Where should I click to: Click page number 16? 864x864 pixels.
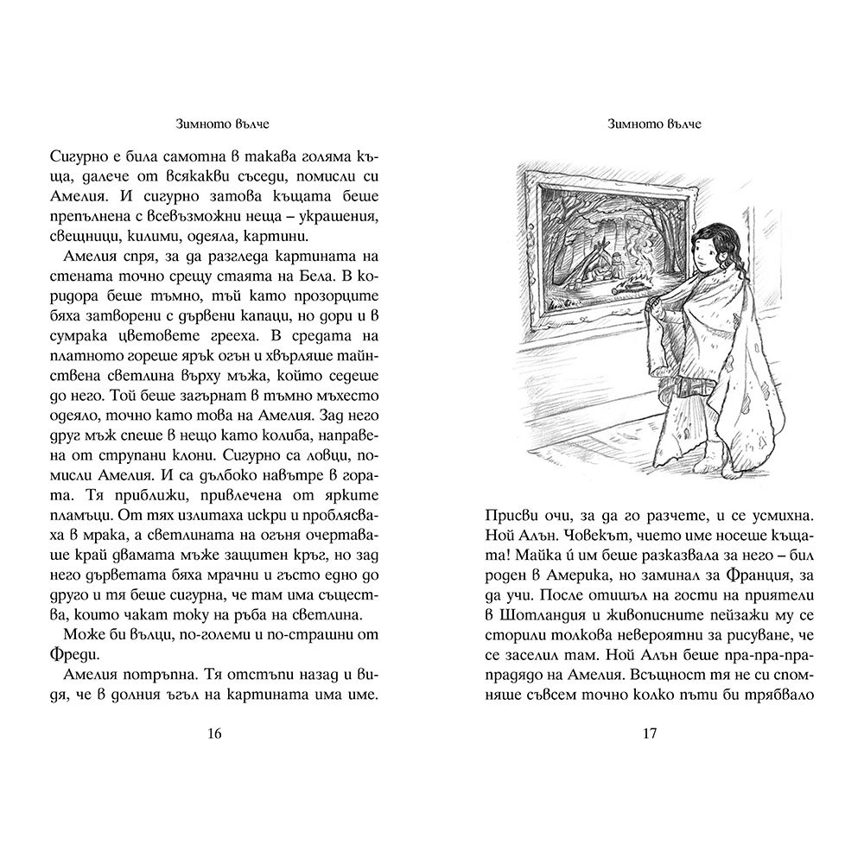(x=215, y=734)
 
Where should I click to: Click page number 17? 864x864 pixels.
(x=650, y=734)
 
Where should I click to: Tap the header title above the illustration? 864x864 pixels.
(x=650, y=124)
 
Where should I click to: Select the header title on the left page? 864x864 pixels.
(x=215, y=124)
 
